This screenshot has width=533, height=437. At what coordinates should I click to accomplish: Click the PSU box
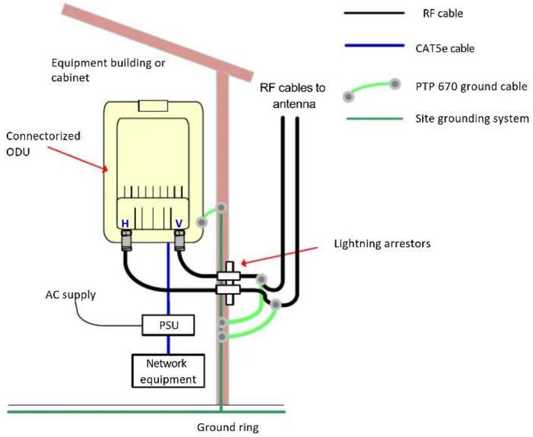(x=168, y=325)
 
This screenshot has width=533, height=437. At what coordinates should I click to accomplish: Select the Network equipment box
(x=168, y=371)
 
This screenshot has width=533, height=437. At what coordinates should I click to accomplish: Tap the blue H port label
(x=125, y=224)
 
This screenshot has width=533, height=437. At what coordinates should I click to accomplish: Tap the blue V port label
(x=179, y=224)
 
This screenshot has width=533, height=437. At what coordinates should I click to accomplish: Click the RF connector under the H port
(x=126, y=240)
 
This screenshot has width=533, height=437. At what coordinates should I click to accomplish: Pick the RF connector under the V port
(x=180, y=240)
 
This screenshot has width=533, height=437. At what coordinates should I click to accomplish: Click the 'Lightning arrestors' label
(x=382, y=244)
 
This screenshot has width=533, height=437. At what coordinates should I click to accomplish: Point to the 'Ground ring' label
(x=228, y=427)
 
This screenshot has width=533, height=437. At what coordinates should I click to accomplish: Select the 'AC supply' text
(x=71, y=295)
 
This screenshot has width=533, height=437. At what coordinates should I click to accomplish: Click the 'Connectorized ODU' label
(x=43, y=144)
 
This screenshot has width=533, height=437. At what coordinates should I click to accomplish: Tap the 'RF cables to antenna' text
(x=293, y=96)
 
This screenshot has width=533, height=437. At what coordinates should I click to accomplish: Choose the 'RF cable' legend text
(x=442, y=13)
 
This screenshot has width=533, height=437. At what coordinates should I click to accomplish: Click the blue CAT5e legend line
(x=375, y=45)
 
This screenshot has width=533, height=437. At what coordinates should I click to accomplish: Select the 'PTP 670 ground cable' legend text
(x=472, y=87)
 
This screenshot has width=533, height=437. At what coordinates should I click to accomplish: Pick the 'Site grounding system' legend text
(x=472, y=119)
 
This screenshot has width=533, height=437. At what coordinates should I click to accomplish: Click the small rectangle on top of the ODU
(x=153, y=106)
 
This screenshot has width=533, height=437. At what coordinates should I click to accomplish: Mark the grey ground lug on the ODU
(x=202, y=223)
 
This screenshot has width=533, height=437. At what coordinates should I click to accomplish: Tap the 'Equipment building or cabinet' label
(x=108, y=70)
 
